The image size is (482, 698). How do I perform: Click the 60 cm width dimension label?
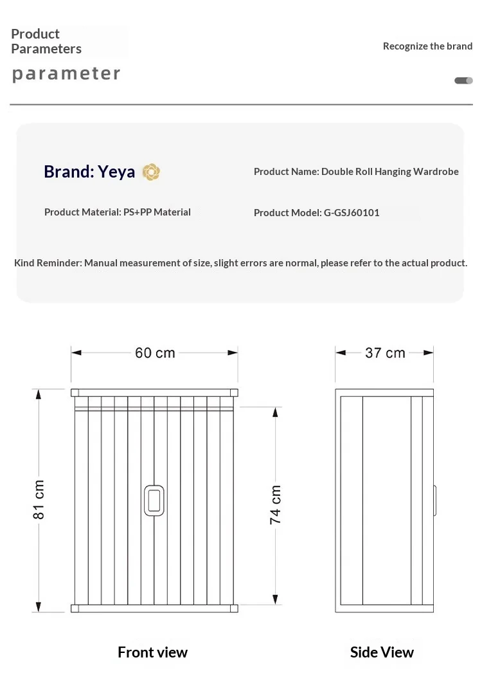tap(155, 353)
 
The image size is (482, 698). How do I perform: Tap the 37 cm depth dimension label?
tap(385, 353)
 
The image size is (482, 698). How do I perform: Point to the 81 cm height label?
tap(39, 499)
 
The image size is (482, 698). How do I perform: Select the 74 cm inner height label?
tap(275, 504)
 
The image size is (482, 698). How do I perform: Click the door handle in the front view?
tap(154, 501)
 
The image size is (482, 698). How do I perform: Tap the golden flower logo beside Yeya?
tap(151, 172)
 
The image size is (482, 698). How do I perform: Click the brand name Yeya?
tap(116, 172)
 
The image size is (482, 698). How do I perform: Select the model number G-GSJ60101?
tap(352, 212)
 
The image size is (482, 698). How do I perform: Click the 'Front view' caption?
tap(152, 652)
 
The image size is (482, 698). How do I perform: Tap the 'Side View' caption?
tap(382, 652)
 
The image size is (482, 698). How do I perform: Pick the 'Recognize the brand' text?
tap(427, 46)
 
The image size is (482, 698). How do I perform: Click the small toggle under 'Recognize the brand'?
tap(463, 80)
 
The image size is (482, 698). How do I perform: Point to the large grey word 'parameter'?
tap(66, 73)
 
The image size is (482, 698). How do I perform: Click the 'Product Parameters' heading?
tap(46, 41)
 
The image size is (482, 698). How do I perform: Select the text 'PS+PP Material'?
tap(157, 212)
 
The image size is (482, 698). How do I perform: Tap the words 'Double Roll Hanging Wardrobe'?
tap(390, 171)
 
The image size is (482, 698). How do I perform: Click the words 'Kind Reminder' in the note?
tap(48, 262)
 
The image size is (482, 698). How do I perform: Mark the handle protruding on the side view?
tap(435, 500)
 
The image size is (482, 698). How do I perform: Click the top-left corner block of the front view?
tap(75, 392)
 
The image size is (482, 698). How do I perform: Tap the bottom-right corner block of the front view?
tap(234, 608)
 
